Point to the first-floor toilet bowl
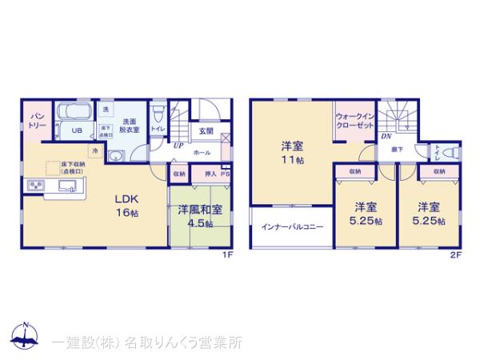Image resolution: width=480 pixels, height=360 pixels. (159, 113)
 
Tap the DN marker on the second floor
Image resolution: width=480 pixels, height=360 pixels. (386, 137)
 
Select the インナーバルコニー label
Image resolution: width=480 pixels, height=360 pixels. (292, 227)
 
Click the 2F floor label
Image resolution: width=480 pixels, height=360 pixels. (455, 256)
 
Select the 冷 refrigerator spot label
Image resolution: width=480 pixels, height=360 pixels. (95, 150)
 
